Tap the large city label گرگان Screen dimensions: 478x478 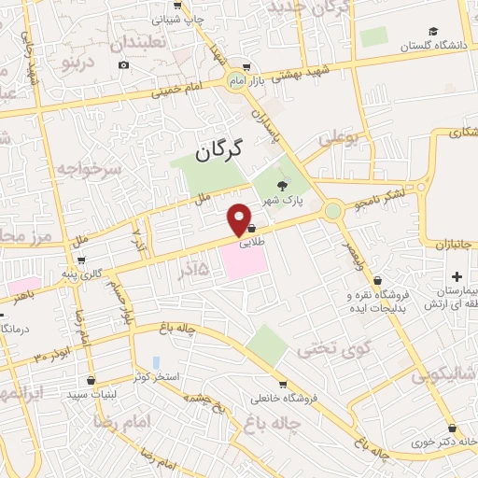tap(220, 148)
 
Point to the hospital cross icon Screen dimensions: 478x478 tap(457, 276)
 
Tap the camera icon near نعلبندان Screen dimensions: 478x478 tap(124, 64)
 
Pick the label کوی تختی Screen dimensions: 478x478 tap(321, 349)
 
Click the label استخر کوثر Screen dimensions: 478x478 tap(154, 375)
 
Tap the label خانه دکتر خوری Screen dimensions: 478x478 tap(442, 443)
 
